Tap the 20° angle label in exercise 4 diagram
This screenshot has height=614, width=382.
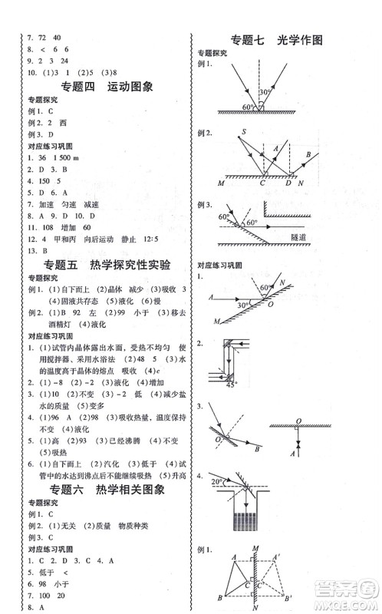click(217, 480)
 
